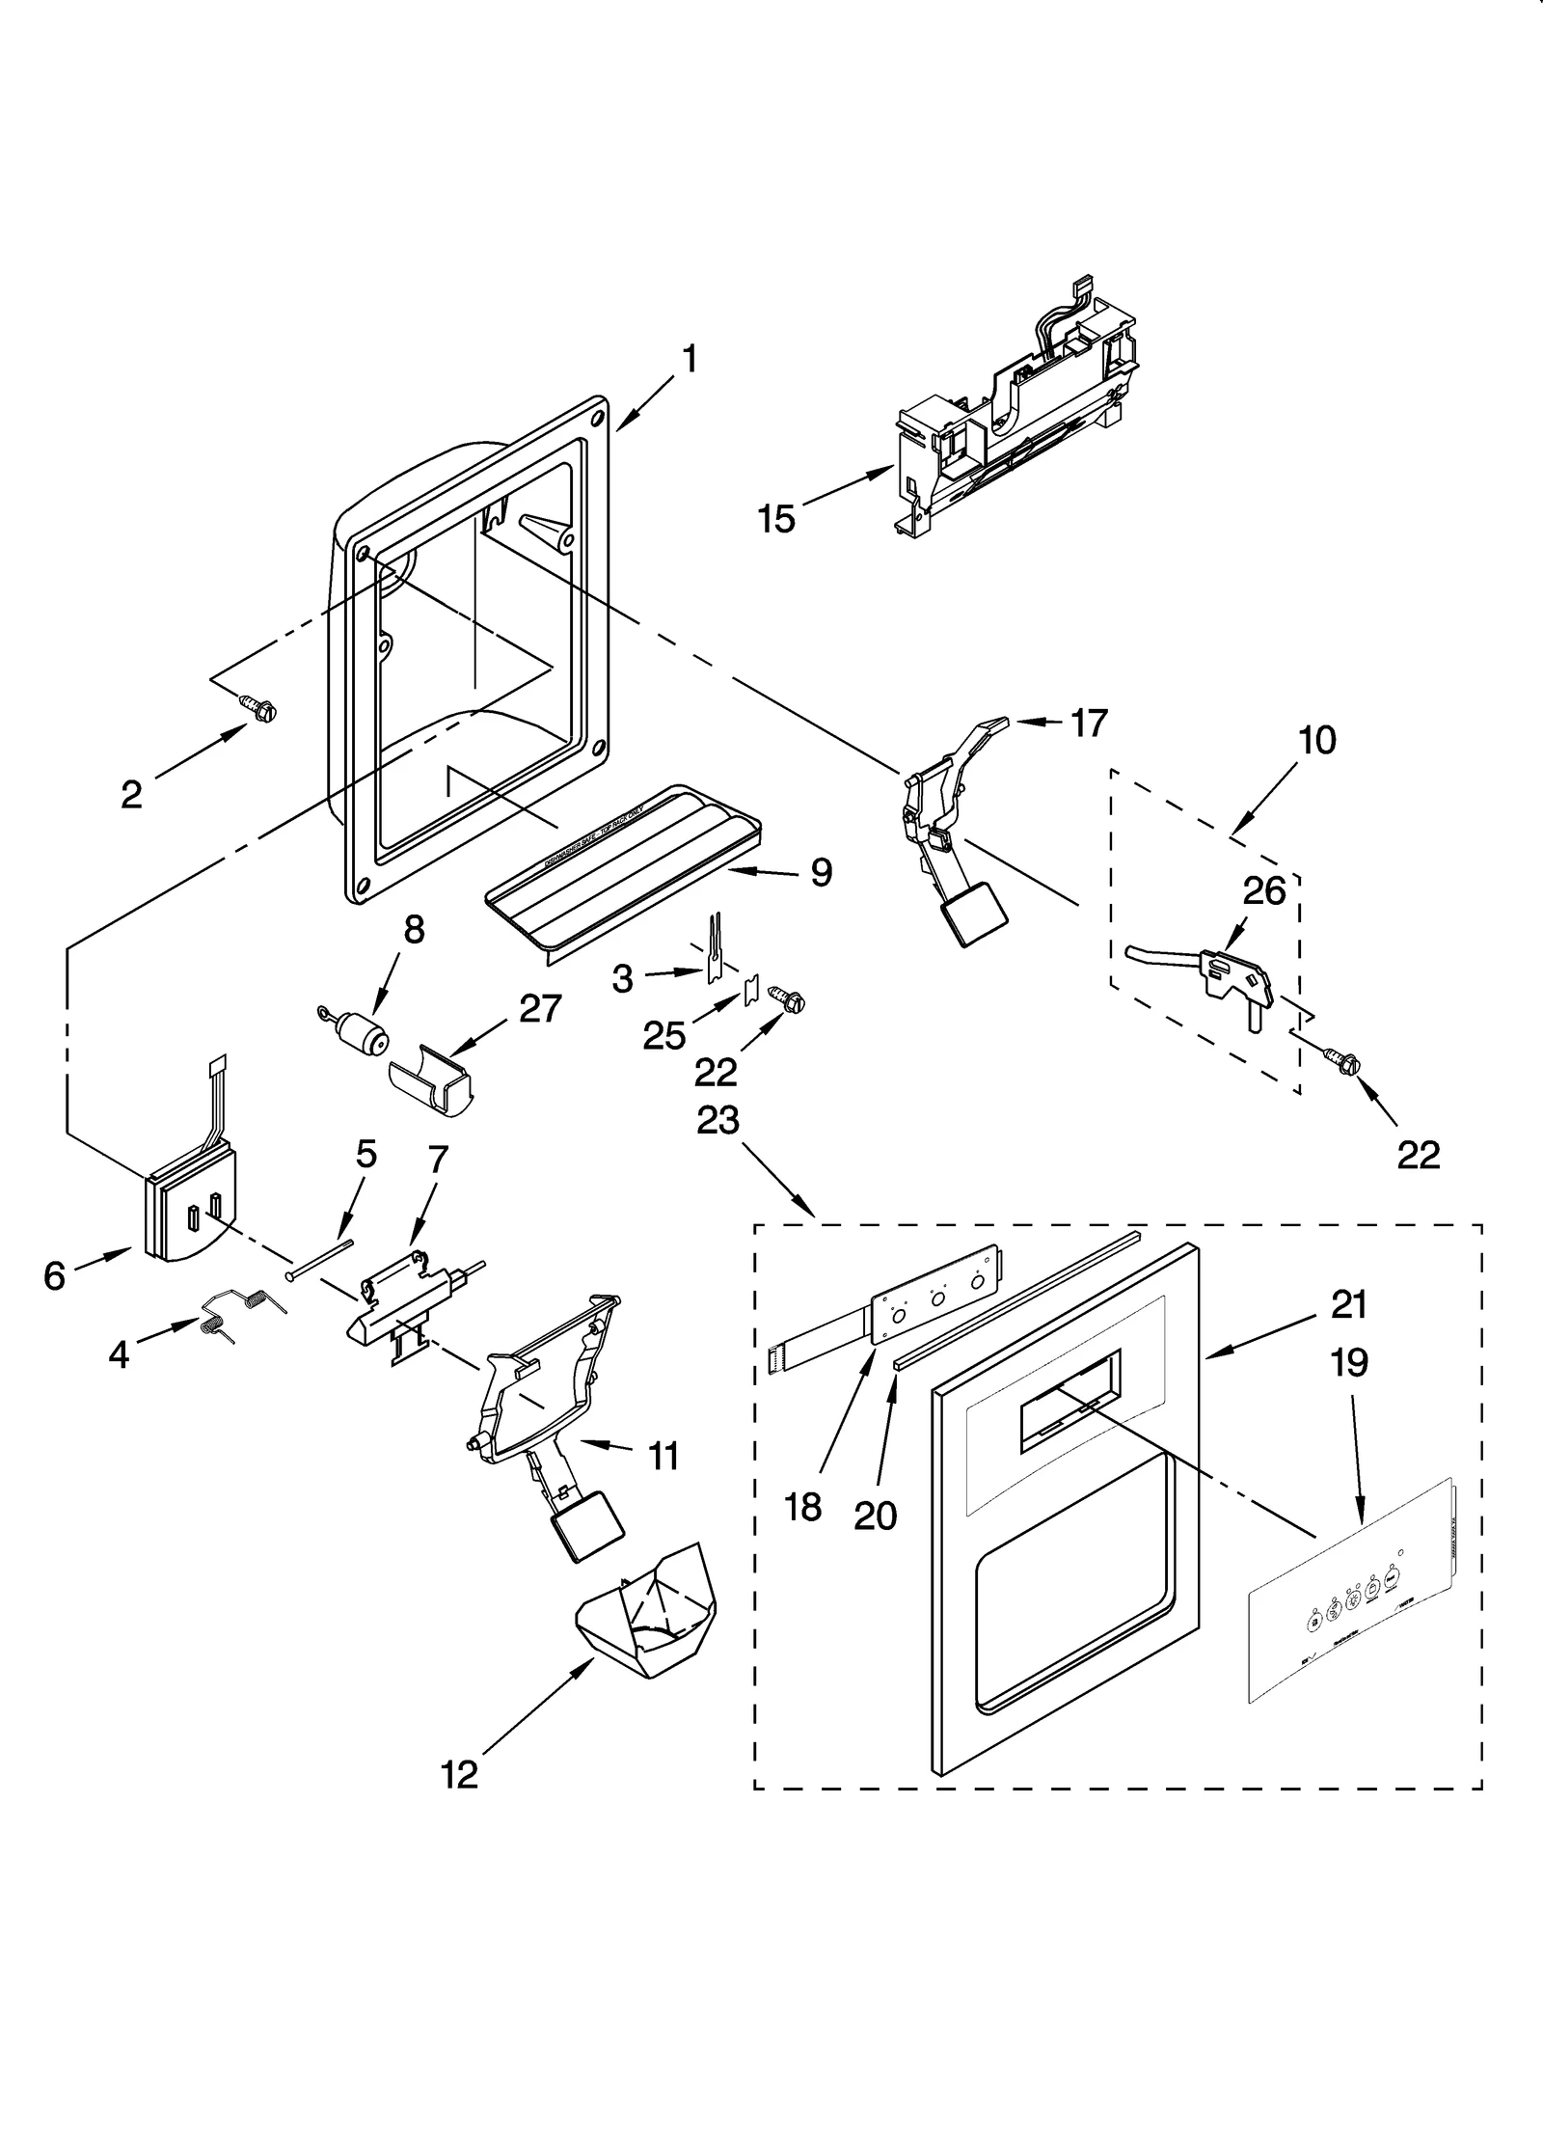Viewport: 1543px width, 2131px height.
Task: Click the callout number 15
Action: [775, 520]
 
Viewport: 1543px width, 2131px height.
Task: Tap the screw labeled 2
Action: [260, 709]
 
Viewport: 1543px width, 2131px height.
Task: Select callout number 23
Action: [718, 1120]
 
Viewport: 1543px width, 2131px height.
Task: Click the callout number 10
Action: [1317, 741]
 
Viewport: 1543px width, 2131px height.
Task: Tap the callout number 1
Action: [690, 360]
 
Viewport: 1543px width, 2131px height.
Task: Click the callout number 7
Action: [437, 1161]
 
